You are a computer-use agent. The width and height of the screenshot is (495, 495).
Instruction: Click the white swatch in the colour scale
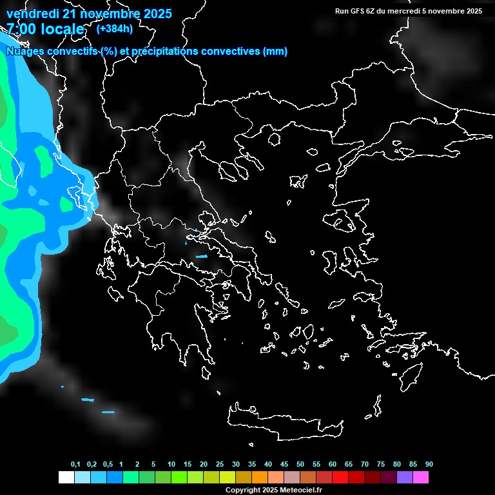click(x=66, y=477)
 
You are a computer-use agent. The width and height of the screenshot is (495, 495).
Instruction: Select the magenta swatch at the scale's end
click(x=421, y=477)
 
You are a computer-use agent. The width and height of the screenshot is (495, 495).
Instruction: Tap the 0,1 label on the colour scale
click(x=75, y=465)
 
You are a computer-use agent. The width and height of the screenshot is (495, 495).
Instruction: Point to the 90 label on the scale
click(x=429, y=465)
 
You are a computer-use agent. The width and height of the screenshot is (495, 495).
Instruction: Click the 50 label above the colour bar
click(x=300, y=465)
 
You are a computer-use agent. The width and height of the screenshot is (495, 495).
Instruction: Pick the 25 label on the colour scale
click(x=220, y=465)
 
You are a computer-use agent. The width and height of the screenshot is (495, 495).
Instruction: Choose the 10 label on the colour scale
click(x=171, y=465)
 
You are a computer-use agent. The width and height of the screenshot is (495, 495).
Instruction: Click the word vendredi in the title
click(x=33, y=14)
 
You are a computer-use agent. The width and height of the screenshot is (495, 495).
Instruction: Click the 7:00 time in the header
click(x=23, y=30)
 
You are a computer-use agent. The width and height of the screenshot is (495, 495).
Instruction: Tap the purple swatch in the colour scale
click(x=405, y=477)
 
